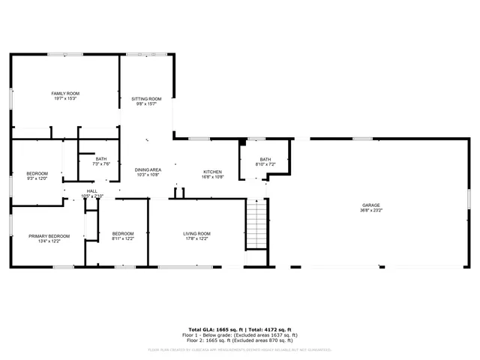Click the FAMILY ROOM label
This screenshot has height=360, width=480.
pos(65,93)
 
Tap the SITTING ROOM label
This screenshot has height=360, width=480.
pos(147,99)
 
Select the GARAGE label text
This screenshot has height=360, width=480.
pos(371,205)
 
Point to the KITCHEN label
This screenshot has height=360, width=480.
pos(213,172)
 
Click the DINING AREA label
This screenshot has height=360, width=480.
pos(148,170)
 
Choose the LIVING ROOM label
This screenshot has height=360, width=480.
pos(197,233)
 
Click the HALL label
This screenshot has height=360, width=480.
pos(92,191)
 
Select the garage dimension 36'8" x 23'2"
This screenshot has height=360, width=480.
pos(371,210)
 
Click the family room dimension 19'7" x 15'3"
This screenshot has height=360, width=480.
pos(65,98)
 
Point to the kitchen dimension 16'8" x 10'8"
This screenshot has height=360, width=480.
pos(213,177)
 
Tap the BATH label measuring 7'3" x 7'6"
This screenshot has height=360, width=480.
pos(101,158)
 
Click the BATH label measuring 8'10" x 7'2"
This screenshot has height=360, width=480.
pos(265,159)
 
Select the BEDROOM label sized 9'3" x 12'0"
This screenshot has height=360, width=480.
pos(37,173)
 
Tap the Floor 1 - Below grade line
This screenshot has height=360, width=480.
pos(242,334)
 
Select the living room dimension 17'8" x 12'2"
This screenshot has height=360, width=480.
pos(197,238)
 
